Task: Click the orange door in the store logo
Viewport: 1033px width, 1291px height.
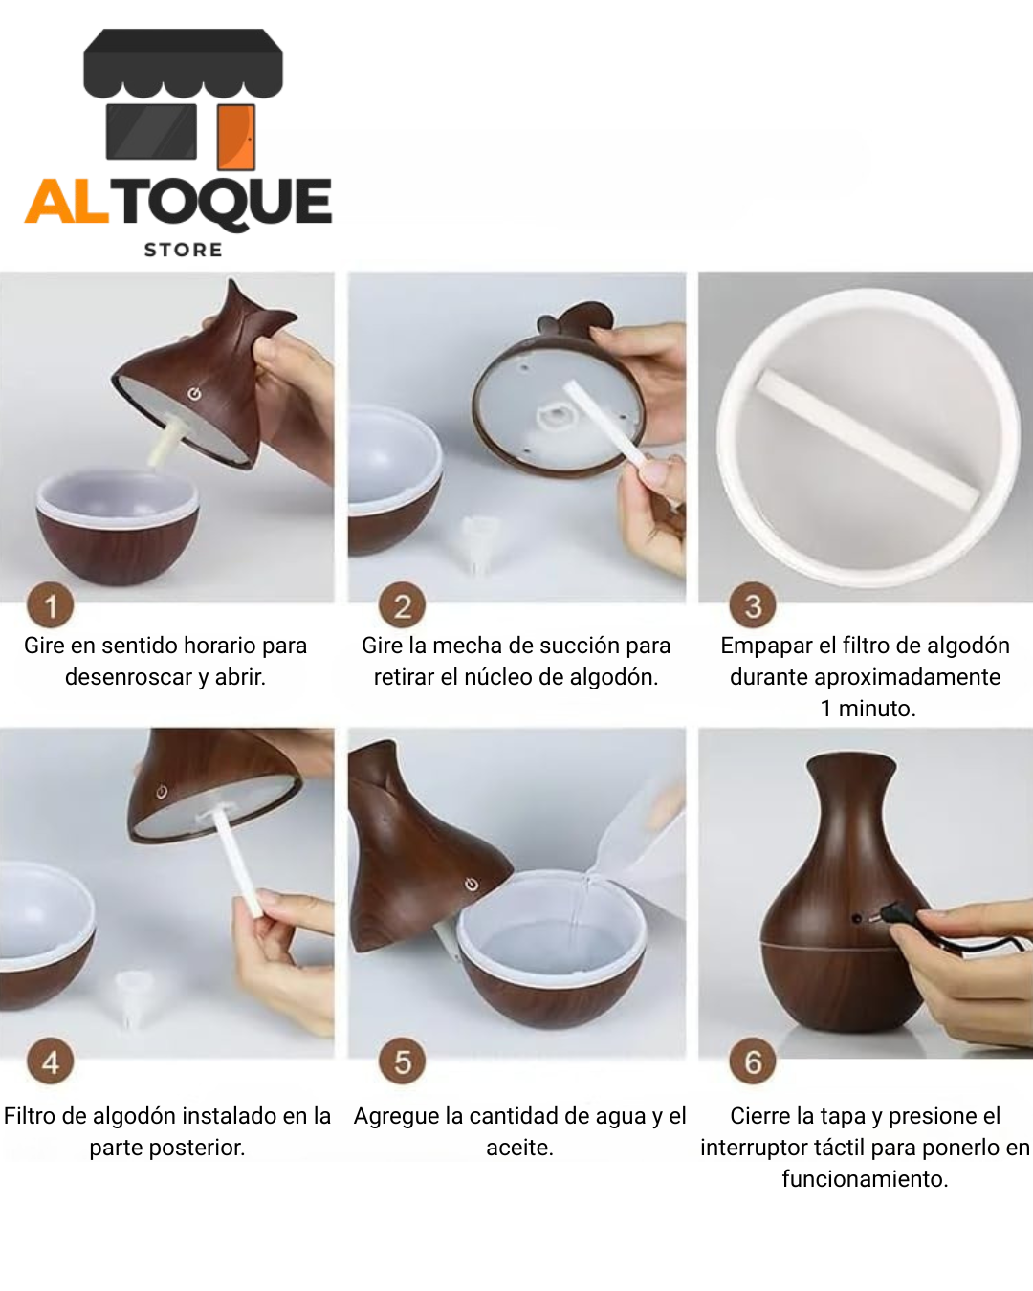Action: coord(236,138)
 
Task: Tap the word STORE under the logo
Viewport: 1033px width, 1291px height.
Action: coord(183,251)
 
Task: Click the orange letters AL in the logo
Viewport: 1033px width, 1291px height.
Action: coord(67,202)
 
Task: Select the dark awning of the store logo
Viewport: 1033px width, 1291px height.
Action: coord(183,63)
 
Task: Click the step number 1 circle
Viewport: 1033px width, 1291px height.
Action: coord(51,605)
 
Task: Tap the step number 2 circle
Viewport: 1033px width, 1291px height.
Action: coord(402,605)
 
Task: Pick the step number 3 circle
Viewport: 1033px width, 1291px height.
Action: coord(753,605)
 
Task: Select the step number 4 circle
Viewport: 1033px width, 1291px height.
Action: coord(51,1061)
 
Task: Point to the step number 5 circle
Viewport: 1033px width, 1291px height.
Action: coord(402,1061)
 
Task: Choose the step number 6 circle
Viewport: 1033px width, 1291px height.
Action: coord(753,1061)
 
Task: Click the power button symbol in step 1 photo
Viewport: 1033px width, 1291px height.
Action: coord(194,394)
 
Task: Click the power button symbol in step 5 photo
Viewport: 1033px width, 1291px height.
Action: coord(472,884)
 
